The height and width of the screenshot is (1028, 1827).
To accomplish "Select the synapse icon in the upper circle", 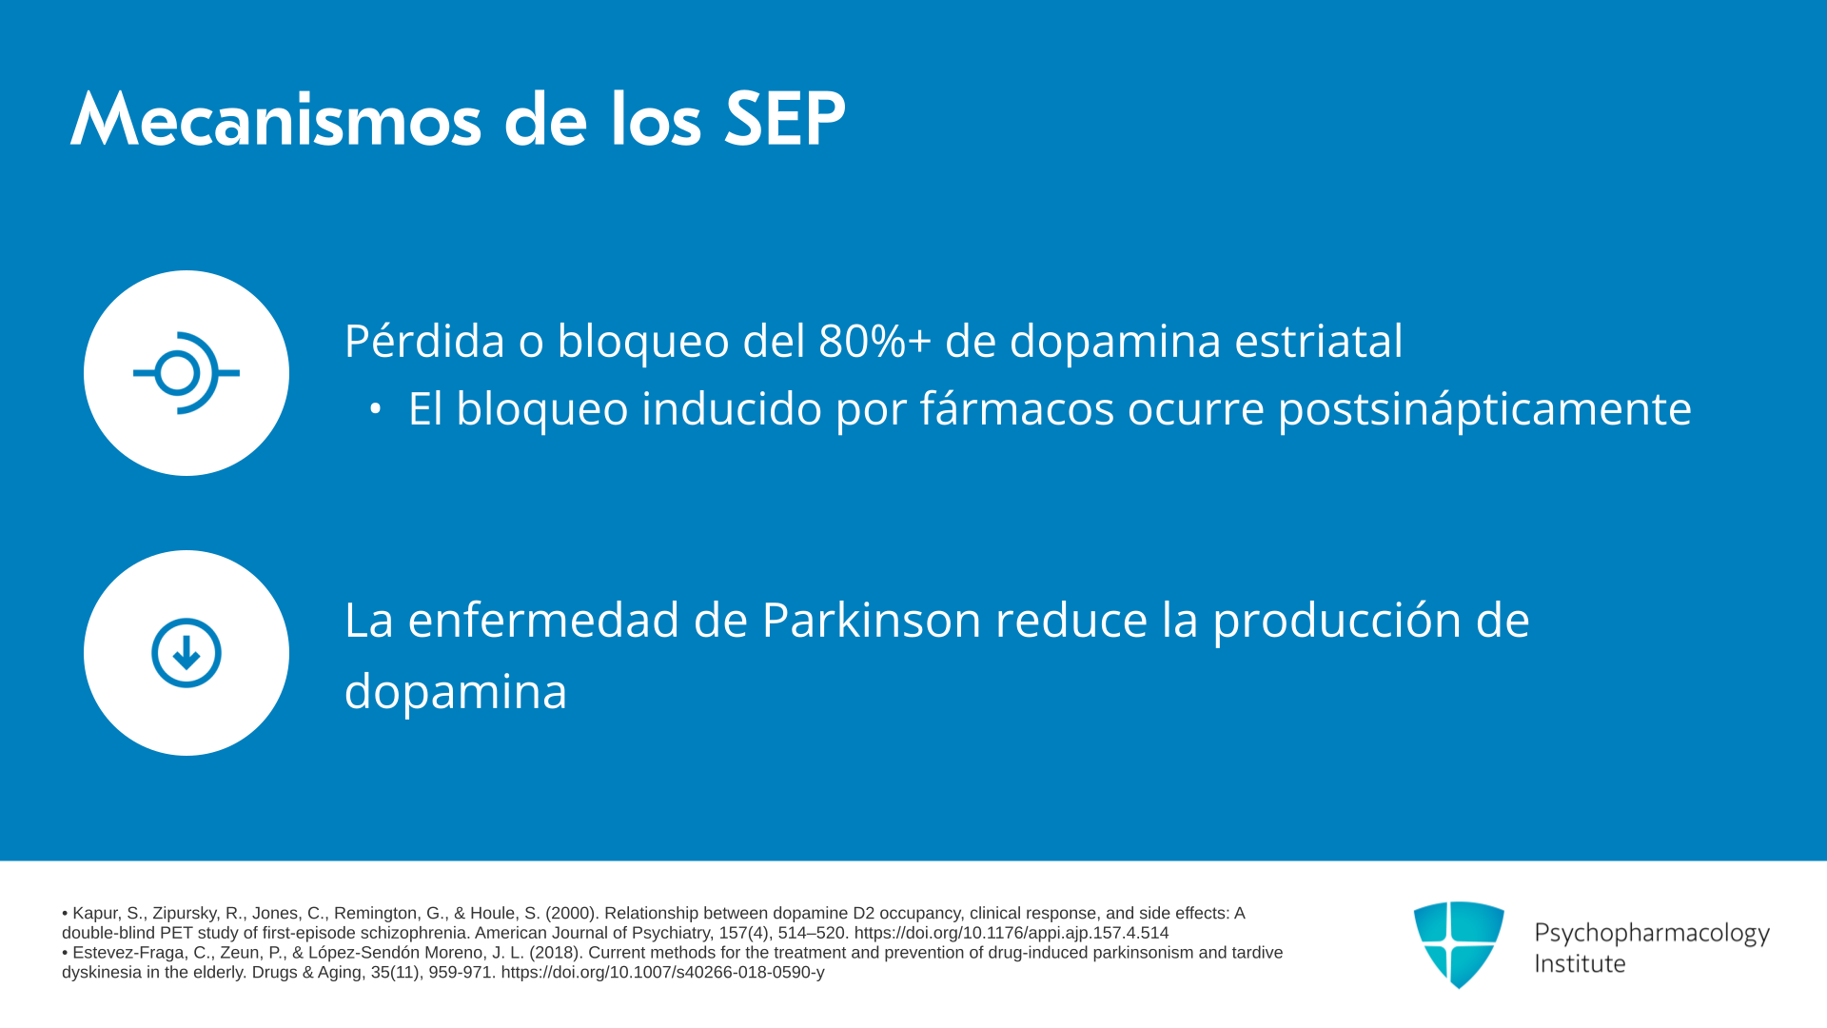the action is tap(187, 373).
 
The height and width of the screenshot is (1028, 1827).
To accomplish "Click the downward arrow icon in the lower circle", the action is tap(187, 653).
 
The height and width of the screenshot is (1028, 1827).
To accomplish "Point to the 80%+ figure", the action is tap(874, 341).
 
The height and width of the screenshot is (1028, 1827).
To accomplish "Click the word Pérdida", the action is tap(424, 341).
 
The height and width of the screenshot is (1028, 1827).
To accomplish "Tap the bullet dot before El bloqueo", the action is tap(375, 409).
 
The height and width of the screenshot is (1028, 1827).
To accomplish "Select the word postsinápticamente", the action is tap(1484, 409).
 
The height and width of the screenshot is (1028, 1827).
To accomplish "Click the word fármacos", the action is tap(1016, 409).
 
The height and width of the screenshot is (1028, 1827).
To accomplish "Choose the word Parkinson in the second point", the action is tap(872, 621).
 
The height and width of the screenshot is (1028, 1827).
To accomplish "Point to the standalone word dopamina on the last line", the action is tap(456, 692).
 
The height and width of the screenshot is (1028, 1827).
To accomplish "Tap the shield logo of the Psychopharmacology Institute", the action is tap(1459, 944).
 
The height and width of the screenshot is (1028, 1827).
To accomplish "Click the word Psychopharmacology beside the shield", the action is tap(1652, 933).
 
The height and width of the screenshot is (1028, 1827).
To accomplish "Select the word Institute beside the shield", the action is tap(1580, 963).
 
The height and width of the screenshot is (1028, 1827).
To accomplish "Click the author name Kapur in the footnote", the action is tap(96, 914).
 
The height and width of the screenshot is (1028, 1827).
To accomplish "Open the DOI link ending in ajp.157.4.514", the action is tap(1012, 934).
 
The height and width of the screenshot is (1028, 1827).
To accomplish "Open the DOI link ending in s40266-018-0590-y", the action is tap(662, 973).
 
